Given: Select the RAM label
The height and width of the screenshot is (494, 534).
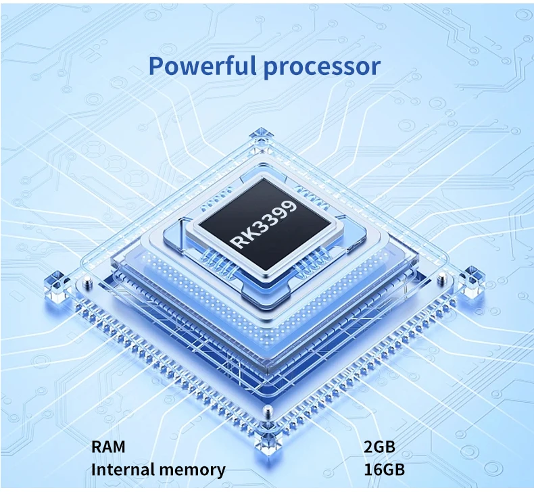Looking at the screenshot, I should pos(108,447).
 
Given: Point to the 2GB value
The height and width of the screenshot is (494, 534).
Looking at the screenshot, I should pos(379,447).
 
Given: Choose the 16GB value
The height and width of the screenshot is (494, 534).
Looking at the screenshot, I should pos(383,470).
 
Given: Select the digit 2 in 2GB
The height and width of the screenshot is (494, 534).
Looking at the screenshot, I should pos(368,447).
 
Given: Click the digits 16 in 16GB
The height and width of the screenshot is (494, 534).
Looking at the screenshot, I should pos(371,470).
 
